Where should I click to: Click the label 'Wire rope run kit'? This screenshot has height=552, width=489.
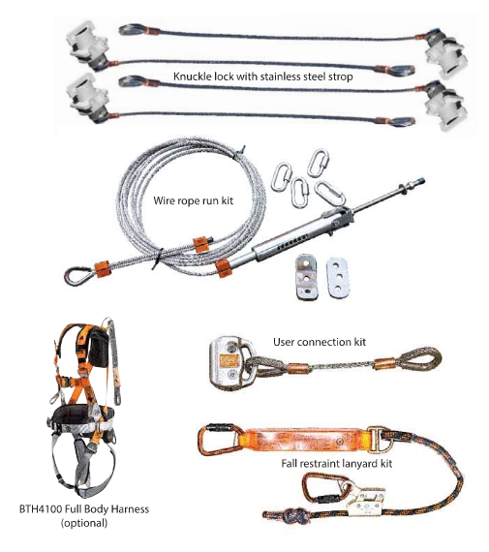(x=193, y=201)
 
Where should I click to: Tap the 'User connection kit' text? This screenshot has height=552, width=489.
(x=320, y=342)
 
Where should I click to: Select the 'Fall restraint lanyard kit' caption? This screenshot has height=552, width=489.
(x=337, y=463)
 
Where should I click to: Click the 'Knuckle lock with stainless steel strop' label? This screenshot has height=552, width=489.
(x=263, y=77)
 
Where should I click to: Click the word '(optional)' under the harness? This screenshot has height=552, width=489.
(x=84, y=523)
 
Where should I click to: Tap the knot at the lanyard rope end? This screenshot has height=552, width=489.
(x=290, y=516)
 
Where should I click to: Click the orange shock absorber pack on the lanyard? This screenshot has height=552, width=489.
(x=306, y=440)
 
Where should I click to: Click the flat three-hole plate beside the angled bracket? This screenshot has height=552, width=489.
(x=337, y=278)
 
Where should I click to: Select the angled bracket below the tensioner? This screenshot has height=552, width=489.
(x=306, y=277)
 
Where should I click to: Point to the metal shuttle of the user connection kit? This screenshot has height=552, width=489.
(x=229, y=364)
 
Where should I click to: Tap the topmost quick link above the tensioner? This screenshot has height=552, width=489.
(x=318, y=163)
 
